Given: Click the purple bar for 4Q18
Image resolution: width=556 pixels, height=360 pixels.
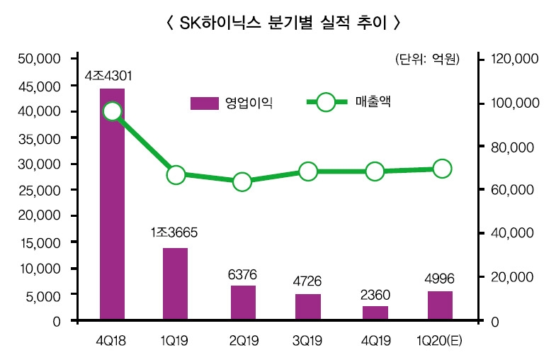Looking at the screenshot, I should coord(112,206).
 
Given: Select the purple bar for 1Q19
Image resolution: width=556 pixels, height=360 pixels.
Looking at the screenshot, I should coord(176,284).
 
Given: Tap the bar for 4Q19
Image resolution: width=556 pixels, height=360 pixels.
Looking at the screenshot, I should coord(375,313).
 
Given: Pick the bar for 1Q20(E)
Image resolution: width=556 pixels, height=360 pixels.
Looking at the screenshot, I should coord(440,306).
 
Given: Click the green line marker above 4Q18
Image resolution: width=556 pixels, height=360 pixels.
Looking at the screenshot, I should coord(112,111).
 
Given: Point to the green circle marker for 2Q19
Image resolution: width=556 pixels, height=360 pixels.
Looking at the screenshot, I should coord(242,182).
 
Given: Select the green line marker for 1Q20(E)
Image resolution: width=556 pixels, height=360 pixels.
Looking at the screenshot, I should coord(442,168).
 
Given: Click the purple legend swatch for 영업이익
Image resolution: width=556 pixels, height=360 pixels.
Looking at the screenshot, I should coord(204,103).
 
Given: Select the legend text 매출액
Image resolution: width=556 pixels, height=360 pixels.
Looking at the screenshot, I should coord(373,102).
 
